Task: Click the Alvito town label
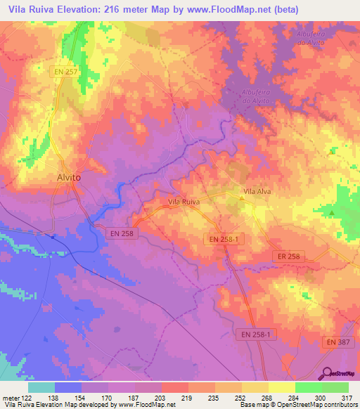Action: pyautogui.click(x=68, y=178)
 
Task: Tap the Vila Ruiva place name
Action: pyautogui.click(x=184, y=202)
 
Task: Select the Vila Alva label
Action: pyautogui.click(x=257, y=190)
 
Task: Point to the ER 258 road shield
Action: pyautogui.click(x=288, y=257)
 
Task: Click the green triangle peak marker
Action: pyautogui.click(x=332, y=212)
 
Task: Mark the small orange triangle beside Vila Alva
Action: pyautogui.click(x=242, y=199)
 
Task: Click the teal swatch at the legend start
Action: pyautogui.click(x=41, y=387)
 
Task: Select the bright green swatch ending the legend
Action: pyautogui.click(x=335, y=387)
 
